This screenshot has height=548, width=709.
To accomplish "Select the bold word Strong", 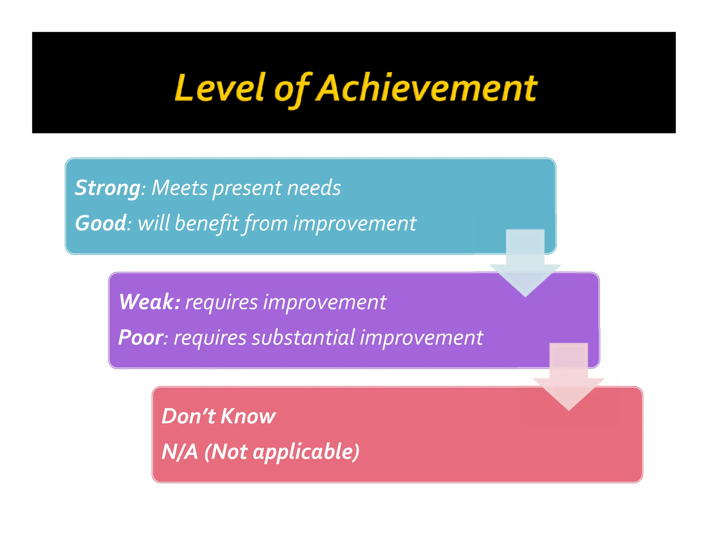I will pos(108,188).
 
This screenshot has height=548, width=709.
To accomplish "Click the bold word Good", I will pos(100,223).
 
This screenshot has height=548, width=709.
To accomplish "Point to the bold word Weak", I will pos(149,302).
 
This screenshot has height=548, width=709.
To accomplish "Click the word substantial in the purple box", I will pos(303,337).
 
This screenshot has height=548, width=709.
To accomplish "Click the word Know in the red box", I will pos(248,416).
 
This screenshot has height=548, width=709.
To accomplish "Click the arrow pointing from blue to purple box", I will pos(525,263).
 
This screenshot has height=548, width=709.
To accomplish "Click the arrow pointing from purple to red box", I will pos(568,377).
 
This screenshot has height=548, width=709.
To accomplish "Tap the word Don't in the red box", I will pos(188,416).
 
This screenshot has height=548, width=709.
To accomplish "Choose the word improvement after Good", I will pos(354,223).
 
